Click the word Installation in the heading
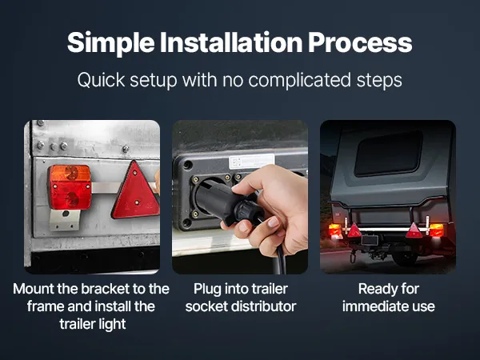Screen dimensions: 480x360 tap(231, 42)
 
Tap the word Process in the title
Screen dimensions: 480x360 tap(360, 43)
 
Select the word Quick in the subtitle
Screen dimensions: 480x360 tap(101, 80)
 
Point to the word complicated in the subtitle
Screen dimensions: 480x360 tap(299, 80)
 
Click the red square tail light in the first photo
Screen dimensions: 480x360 tap(70, 187)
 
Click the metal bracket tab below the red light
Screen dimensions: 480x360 tap(65, 220)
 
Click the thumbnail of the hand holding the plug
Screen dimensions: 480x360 tap(240, 197)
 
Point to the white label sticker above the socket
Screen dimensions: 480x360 tap(252, 162)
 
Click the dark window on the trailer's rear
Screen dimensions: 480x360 tap(389, 154)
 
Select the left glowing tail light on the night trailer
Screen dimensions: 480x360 tap(335, 231)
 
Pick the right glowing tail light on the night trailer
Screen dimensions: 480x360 tap(436, 230)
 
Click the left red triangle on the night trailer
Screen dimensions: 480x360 tap(354, 230)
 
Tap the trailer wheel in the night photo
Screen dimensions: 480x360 tap(405, 258)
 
